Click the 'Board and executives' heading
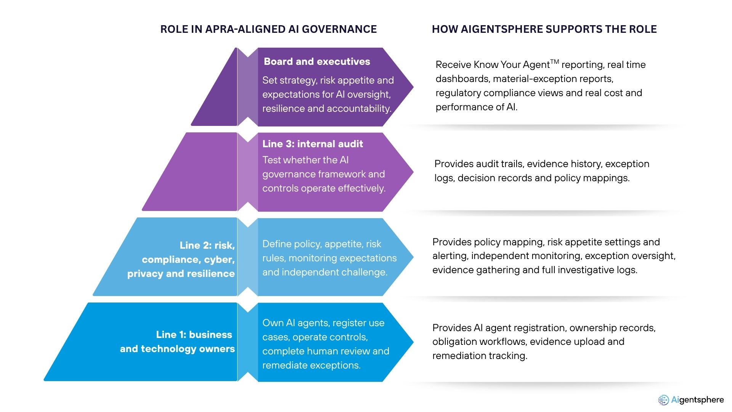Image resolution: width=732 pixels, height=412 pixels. [317, 61]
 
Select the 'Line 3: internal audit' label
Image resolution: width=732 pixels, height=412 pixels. [313, 144]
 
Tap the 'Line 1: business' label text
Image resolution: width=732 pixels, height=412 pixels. [194, 335]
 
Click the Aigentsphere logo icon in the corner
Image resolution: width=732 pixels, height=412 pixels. [663, 400]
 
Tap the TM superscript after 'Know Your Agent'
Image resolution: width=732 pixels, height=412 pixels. [555, 61]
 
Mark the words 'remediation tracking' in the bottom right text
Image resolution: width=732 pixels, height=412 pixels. [479, 356]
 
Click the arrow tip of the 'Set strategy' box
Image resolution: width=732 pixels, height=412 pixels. [413, 87]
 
